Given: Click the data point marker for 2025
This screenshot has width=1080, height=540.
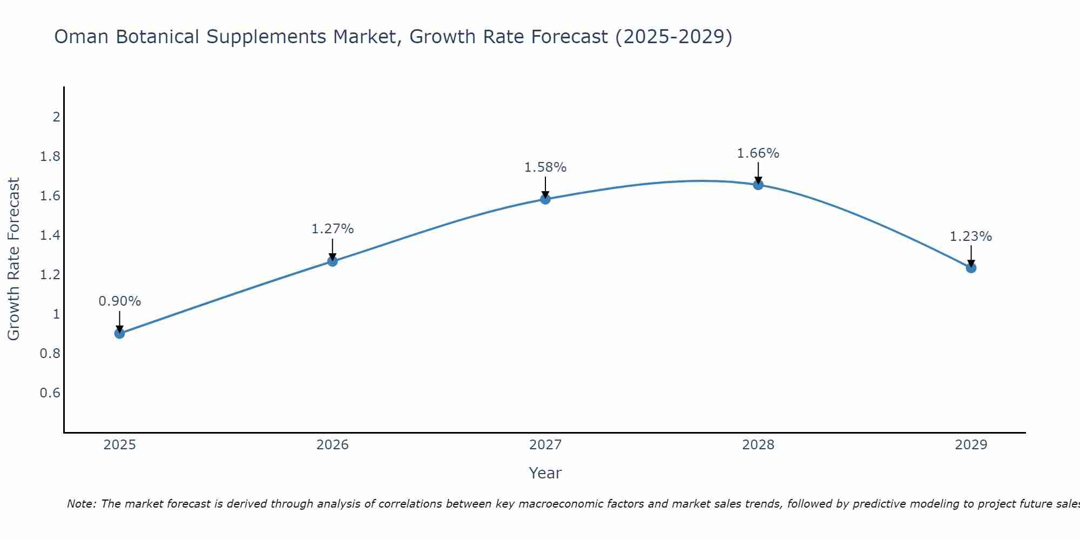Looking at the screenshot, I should click(x=120, y=333).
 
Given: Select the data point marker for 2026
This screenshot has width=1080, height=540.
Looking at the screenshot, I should click(x=333, y=261).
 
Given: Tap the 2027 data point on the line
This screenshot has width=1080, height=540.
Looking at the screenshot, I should click(x=545, y=199).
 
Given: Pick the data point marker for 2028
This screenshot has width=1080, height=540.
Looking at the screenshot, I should click(x=758, y=185).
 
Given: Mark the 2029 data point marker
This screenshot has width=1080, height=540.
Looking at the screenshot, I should click(x=971, y=267).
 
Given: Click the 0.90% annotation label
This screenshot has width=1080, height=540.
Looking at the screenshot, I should click(x=120, y=301).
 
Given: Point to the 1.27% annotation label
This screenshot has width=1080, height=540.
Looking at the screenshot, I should click(x=333, y=229).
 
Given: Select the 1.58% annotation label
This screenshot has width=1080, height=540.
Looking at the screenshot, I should click(x=545, y=167).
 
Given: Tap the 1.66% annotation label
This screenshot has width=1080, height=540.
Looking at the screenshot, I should click(x=758, y=153).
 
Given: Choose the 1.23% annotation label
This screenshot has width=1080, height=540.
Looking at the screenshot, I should click(x=971, y=237).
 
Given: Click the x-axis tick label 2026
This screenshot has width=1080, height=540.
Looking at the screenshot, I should click(x=333, y=445).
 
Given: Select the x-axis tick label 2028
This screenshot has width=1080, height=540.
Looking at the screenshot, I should click(x=758, y=445).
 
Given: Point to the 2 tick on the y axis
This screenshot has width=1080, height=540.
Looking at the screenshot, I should click(x=56, y=117).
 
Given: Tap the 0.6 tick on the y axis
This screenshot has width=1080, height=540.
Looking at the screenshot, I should click(x=50, y=393).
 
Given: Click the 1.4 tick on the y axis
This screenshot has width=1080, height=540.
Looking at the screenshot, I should click(x=50, y=235).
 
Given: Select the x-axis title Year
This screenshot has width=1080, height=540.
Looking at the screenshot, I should click(x=545, y=473).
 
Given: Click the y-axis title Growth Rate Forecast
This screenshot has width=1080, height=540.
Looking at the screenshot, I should click(x=14, y=259).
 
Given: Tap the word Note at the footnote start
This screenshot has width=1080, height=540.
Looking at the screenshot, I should click(x=81, y=504).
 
